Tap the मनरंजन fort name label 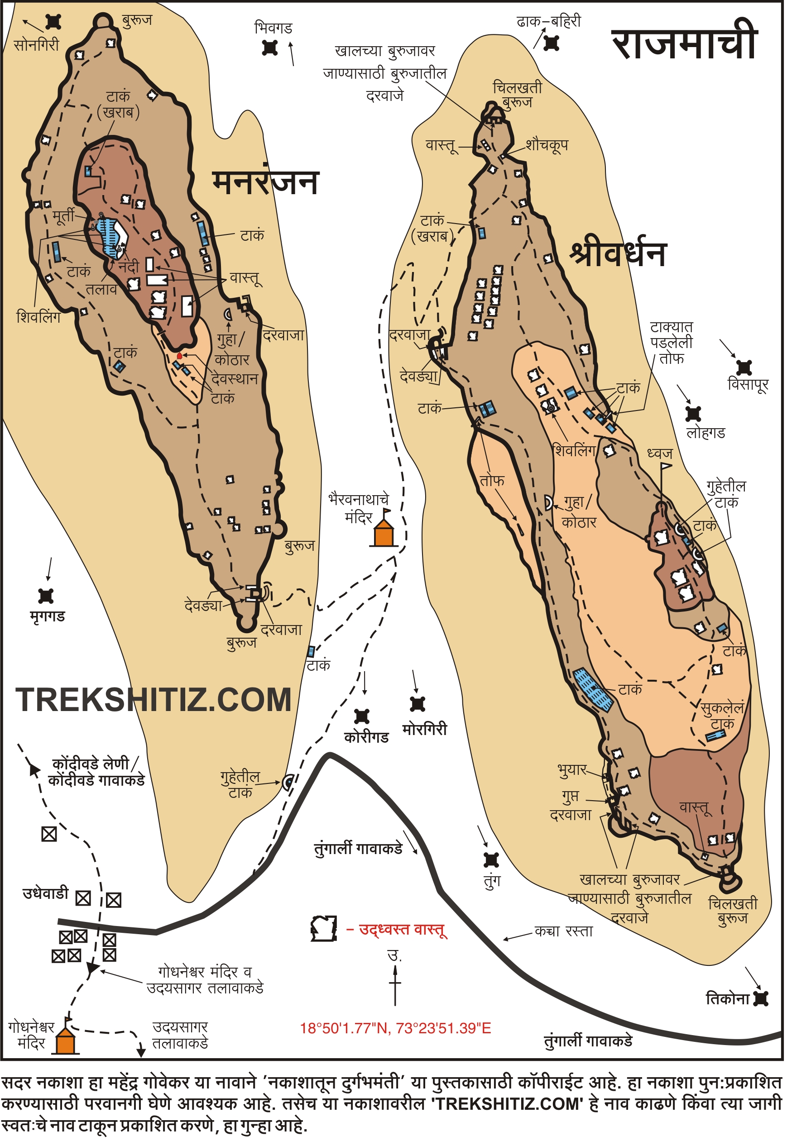pyautogui.click(x=266, y=182)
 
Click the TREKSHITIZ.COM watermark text pyautogui.click(x=154, y=700)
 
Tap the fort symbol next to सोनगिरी pyautogui.click(x=53, y=22)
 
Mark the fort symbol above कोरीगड pyautogui.click(x=362, y=716)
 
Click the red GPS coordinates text pyautogui.click(x=395, y=1028)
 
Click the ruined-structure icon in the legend pyautogui.click(x=324, y=929)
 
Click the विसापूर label pyautogui.click(x=748, y=384)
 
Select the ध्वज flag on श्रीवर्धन pyautogui.click(x=665, y=466)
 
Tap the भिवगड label pyautogui.click(x=273, y=28)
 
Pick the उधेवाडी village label pyautogui.click(x=45, y=893)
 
